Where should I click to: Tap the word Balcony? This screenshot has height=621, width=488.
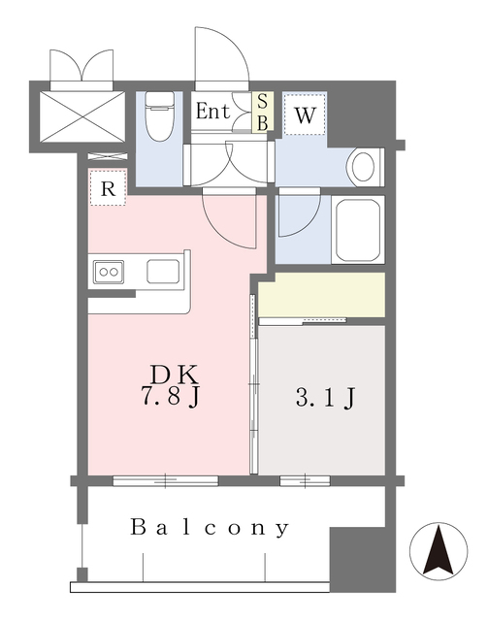pos(211,528)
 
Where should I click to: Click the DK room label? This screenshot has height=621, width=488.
pos(176,374)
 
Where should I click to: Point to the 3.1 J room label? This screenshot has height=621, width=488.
pos(322,397)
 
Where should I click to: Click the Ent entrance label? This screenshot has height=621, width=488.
pos(212,112)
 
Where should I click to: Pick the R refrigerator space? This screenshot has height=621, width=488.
pos(109,189)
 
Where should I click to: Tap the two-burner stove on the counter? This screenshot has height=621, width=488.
pos(108,273)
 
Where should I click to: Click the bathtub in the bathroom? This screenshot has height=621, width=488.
pos(359,230)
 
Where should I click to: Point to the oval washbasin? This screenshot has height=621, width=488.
pos(362,167)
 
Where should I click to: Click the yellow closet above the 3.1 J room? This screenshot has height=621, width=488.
pos(321,294)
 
